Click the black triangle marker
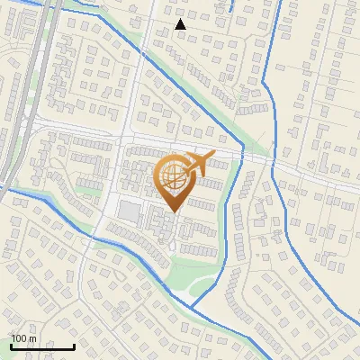(181, 24)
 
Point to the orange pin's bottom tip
(173, 211)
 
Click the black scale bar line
(42, 346)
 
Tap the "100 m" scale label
(24, 337)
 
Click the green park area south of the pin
(193, 269)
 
